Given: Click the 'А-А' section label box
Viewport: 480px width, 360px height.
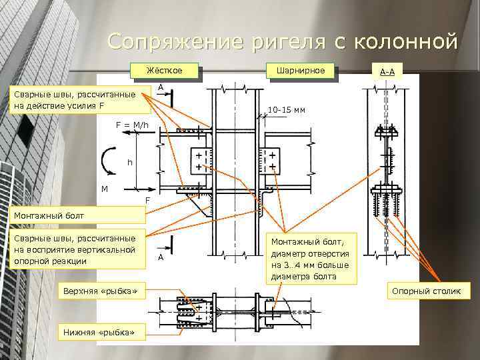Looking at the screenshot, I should point(387,71).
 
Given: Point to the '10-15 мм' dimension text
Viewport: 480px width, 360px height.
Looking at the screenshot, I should point(286,109).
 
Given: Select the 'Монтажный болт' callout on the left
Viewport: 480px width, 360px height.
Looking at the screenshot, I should point(73,215).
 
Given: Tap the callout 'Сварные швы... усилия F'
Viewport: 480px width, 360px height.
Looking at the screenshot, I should point(74,100).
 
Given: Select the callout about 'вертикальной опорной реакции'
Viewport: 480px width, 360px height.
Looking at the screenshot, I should point(74,250).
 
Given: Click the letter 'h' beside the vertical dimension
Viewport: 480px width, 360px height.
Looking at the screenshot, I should point(130,162).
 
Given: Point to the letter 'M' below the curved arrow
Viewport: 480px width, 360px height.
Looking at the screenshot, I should point(105,189).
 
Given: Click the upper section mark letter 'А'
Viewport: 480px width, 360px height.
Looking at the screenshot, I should point(161,87).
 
